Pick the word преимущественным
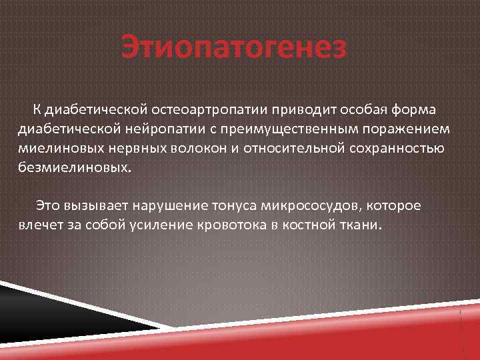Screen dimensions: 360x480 tap(298, 128)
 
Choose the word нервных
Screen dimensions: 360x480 tap(124, 147)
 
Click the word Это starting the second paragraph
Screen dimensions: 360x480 tap(49, 205)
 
